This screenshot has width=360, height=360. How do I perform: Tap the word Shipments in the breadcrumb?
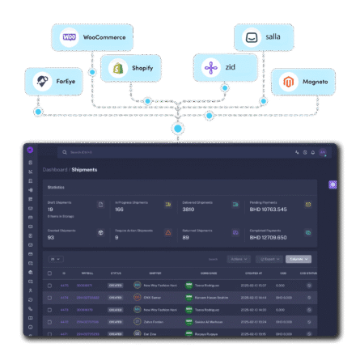(84, 170)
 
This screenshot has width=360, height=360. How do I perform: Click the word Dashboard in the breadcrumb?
(55, 170)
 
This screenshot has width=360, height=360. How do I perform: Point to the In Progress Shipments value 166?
(119, 210)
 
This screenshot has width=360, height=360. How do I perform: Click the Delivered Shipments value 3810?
(188, 210)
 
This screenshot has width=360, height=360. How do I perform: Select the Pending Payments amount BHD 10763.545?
(268, 210)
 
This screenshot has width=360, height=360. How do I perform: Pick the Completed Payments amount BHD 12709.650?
(268, 237)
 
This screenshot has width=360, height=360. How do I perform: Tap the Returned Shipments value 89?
(185, 237)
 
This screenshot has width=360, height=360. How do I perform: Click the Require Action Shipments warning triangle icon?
(167, 232)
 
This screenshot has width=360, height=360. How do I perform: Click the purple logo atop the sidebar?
(30, 151)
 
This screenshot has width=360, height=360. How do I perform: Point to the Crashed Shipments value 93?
(51, 237)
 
